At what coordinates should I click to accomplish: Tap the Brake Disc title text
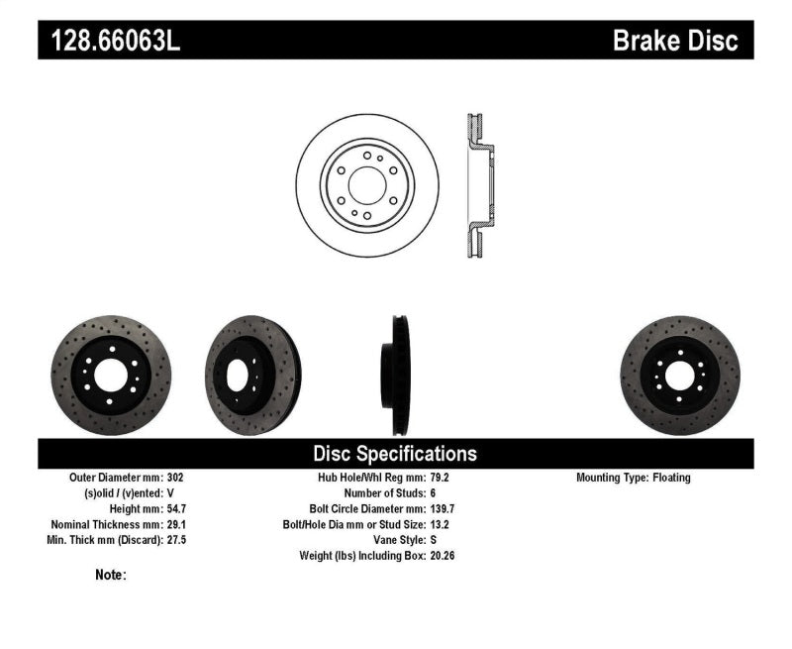click(x=675, y=41)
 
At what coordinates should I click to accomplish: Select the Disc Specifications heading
click(x=395, y=454)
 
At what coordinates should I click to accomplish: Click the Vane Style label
click(x=396, y=540)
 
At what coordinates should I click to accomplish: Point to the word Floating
click(x=671, y=478)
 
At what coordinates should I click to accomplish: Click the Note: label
click(x=111, y=575)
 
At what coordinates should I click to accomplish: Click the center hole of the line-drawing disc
click(x=366, y=185)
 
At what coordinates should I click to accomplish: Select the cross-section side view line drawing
click(x=478, y=185)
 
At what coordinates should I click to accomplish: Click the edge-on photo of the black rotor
click(x=398, y=375)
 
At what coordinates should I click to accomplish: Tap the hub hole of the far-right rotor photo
click(x=679, y=375)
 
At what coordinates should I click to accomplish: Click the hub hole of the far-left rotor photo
click(x=111, y=375)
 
